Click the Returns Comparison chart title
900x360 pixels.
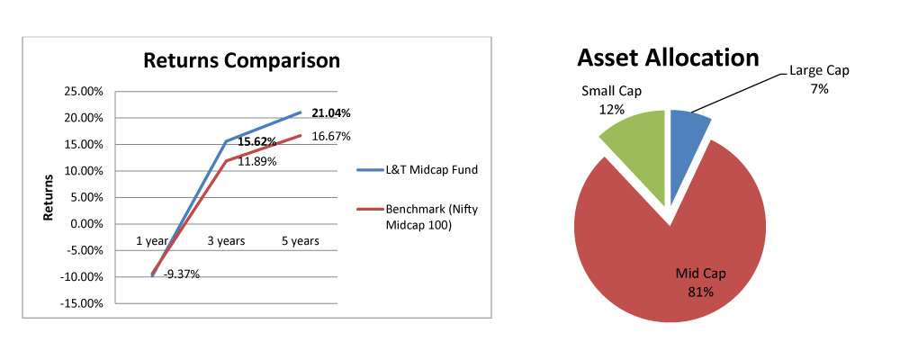point(242,61)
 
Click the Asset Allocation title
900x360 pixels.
point(668,58)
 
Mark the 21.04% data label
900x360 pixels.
point(330,113)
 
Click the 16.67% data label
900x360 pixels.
point(330,137)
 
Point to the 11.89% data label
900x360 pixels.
point(256,161)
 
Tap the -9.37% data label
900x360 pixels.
point(181,274)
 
